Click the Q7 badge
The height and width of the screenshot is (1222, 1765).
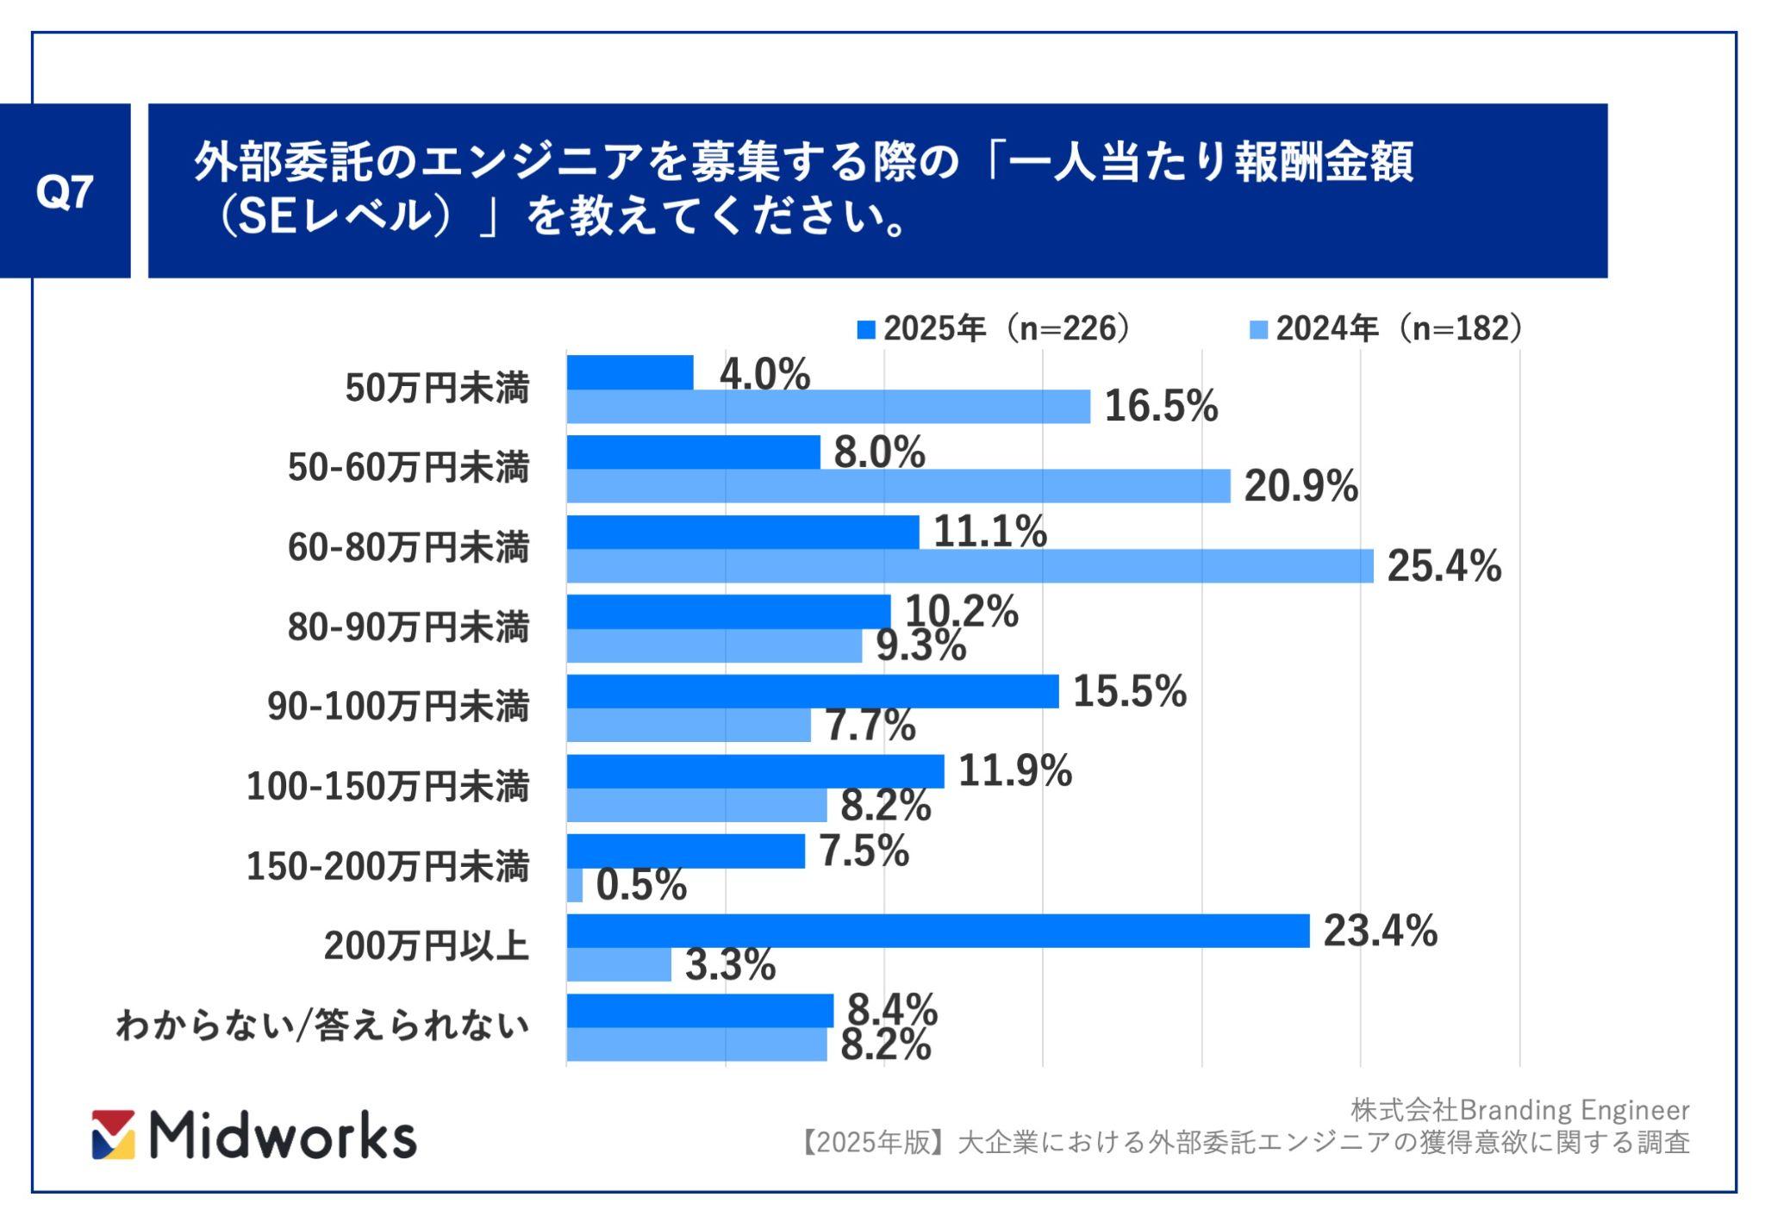[x=65, y=191]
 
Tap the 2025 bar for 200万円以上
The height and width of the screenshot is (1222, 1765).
[x=938, y=931]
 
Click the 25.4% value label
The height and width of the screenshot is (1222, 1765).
[x=1444, y=567]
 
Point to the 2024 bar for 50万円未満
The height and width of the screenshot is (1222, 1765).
[x=827, y=407]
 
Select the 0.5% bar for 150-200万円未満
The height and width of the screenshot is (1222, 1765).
[x=575, y=886]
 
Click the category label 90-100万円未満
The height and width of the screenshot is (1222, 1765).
[x=398, y=707]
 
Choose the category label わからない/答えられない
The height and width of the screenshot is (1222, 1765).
[x=322, y=1026]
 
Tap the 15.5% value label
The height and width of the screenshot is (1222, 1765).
[x=1129, y=692]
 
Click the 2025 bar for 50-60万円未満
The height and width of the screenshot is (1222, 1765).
[x=693, y=452]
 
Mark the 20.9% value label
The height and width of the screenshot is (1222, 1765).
[x=1300, y=487]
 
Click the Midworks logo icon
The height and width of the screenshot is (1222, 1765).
[x=114, y=1134]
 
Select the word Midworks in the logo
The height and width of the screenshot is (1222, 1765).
[x=283, y=1136]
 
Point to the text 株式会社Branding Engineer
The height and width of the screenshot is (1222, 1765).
[x=1519, y=1110]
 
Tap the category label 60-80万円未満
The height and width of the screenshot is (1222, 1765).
[x=409, y=548]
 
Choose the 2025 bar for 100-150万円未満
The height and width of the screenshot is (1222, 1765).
[x=755, y=771]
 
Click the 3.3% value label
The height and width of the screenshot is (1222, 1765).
[x=730, y=965]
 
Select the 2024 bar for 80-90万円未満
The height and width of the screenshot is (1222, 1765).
[x=714, y=646]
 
